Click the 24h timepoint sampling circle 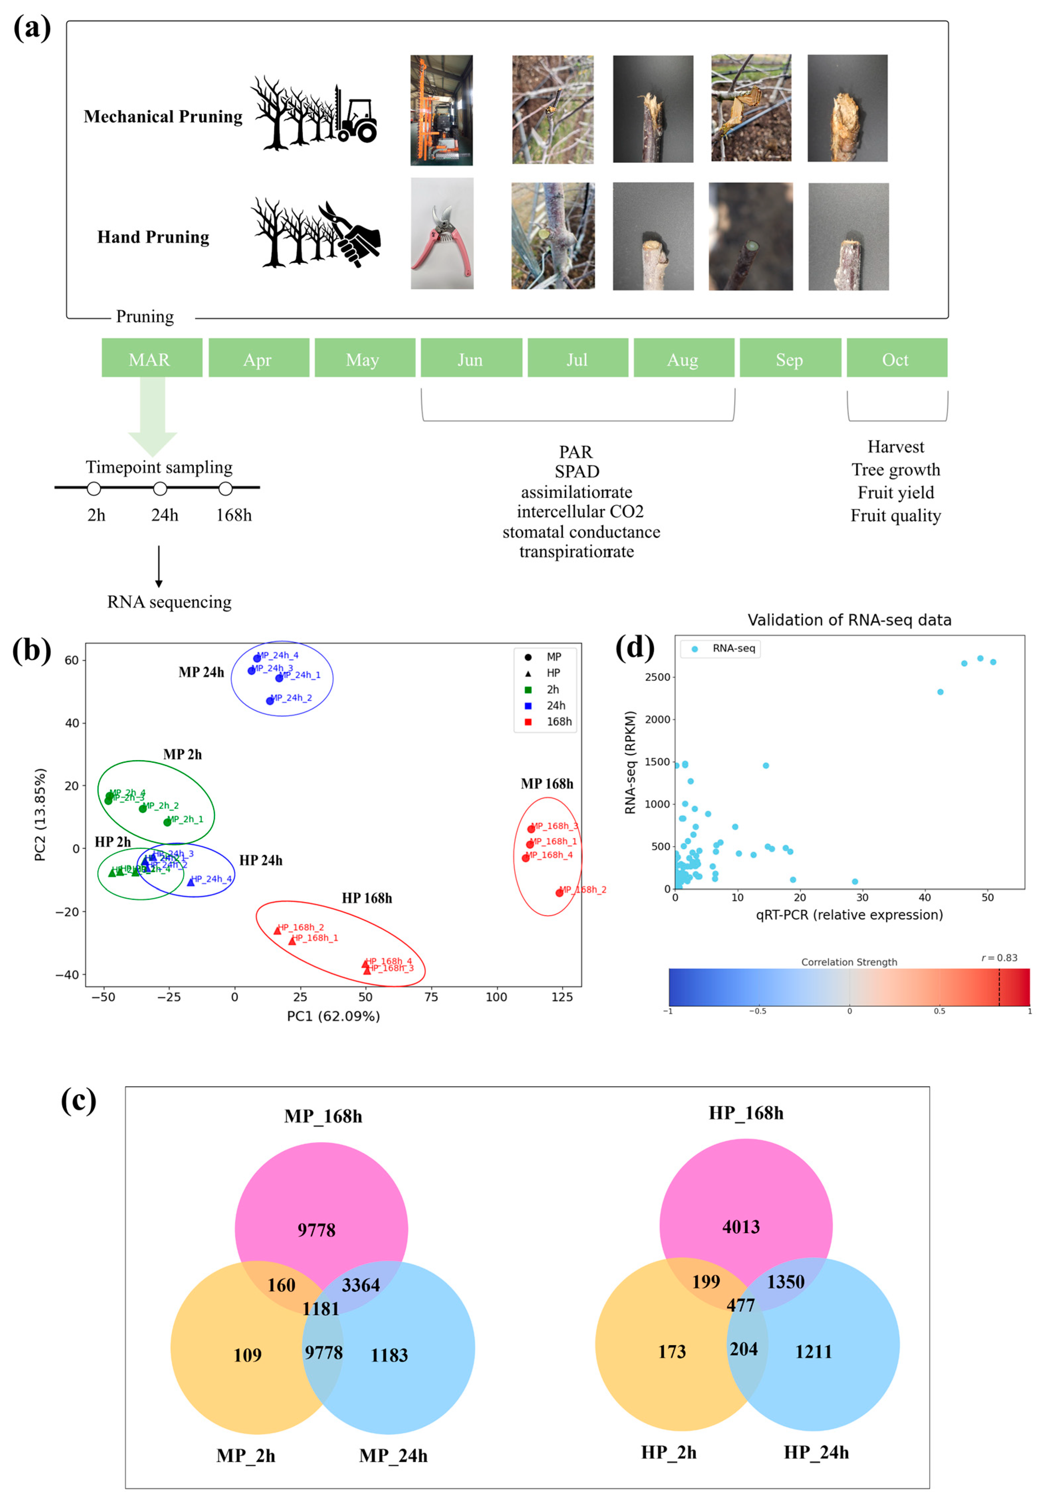[160, 489]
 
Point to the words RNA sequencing [169, 602]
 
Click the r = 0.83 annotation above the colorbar [999, 958]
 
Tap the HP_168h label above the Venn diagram [746, 1113]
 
